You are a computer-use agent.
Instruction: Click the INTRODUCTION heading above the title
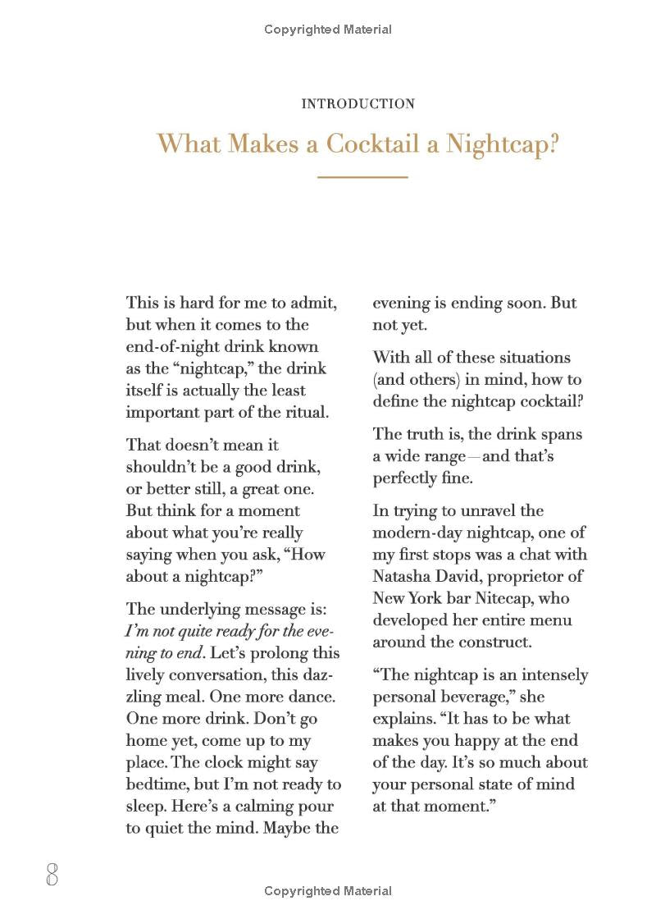tap(358, 104)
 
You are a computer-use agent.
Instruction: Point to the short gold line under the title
tap(362, 176)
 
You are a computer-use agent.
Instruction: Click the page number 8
tap(52, 875)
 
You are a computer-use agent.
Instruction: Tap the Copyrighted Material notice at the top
tap(328, 30)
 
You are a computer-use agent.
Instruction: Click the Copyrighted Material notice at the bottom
tap(328, 891)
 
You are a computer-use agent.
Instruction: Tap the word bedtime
tap(157, 784)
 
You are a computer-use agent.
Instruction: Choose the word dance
tap(312, 697)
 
